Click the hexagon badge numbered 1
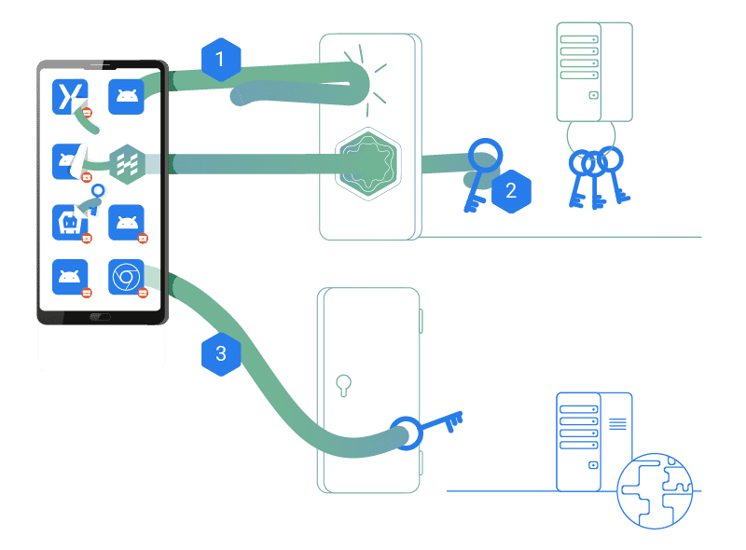coord(221,61)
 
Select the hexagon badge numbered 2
coord(510,191)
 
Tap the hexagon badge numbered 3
coord(221,353)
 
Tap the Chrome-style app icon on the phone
coord(126,277)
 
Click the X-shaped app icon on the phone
coord(70,96)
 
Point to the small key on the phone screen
coord(92,199)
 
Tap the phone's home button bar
coord(100,317)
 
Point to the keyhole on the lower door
coord(343,383)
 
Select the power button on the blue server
coord(593,464)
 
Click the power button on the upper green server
coord(593,95)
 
